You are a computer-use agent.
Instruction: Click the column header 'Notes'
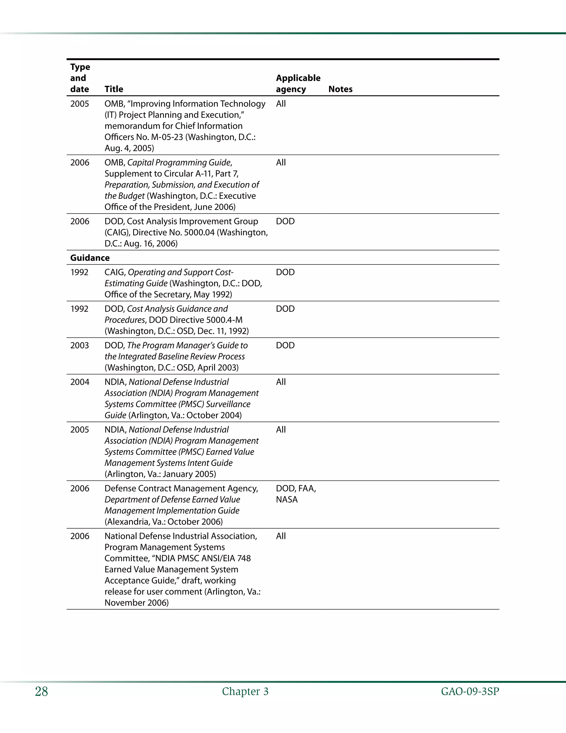(x=340, y=89)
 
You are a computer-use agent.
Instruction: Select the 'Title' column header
(x=114, y=89)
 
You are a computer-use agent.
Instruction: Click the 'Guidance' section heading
(x=90, y=258)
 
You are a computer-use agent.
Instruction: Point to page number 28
(x=41, y=692)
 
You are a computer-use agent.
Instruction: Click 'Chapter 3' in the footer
(x=245, y=692)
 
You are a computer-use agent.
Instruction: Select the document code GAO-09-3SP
(x=470, y=692)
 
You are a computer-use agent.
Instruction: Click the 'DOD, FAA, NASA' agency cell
(x=296, y=494)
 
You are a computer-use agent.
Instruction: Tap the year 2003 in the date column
(x=80, y=345)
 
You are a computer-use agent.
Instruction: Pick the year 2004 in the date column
(x=80, y=382)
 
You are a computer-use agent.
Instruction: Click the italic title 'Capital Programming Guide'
(x=179, y=163)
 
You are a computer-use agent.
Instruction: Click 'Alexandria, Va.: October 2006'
(x=164, y=522)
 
